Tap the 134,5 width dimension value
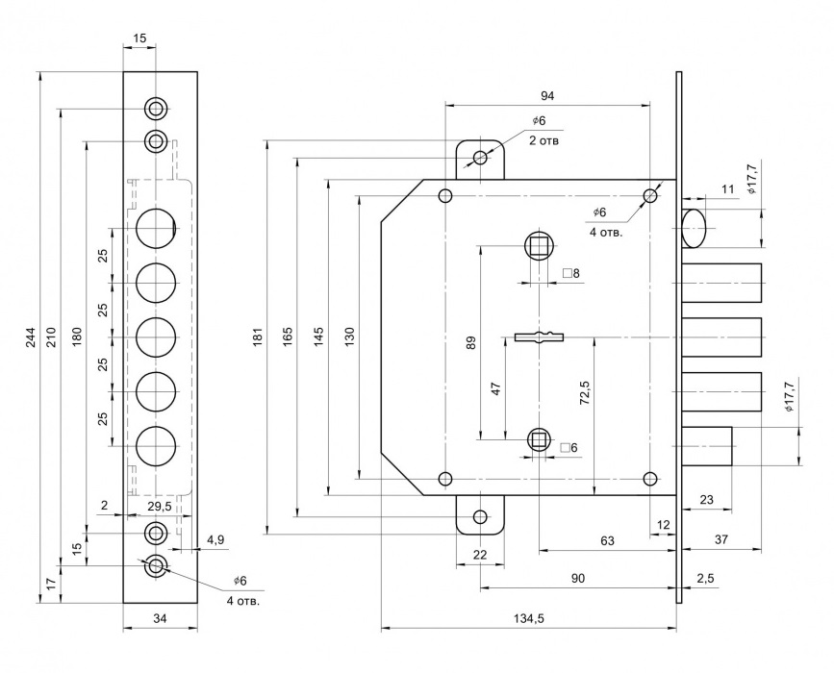529,619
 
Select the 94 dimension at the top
547,95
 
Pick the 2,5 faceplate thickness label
704,578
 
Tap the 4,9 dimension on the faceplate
215,541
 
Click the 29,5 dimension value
160,506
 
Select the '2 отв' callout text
544,140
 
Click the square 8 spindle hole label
570,274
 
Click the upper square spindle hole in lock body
539,246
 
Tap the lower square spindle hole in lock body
539,440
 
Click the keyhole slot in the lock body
539,336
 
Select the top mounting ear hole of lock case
480,158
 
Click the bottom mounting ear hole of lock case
480,517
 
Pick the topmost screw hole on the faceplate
156,107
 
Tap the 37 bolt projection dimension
721,541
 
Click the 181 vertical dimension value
258,336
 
